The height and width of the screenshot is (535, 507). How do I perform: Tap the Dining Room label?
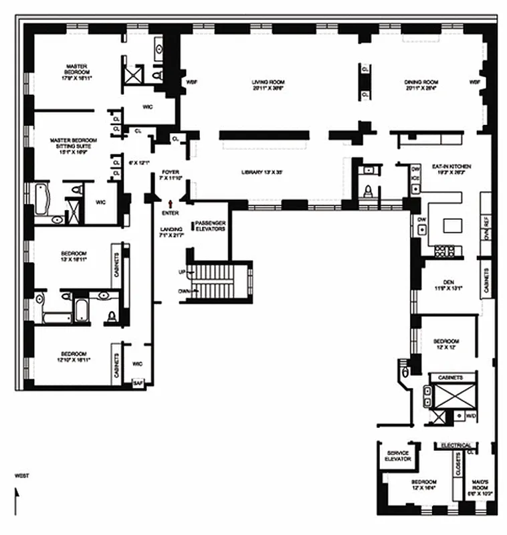(x=421, y=85)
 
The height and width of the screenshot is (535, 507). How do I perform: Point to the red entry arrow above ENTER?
(x=172, y=202)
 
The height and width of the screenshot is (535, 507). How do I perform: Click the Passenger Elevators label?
(x=210, y=225)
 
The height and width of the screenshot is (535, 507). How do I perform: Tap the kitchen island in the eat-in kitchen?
(x=452, y=225)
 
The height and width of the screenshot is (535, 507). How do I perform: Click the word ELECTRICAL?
(x=457, y=445)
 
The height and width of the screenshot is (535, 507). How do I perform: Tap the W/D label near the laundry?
(x=470, y=415)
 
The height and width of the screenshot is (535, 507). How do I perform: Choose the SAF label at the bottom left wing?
(x=138, y=383)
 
